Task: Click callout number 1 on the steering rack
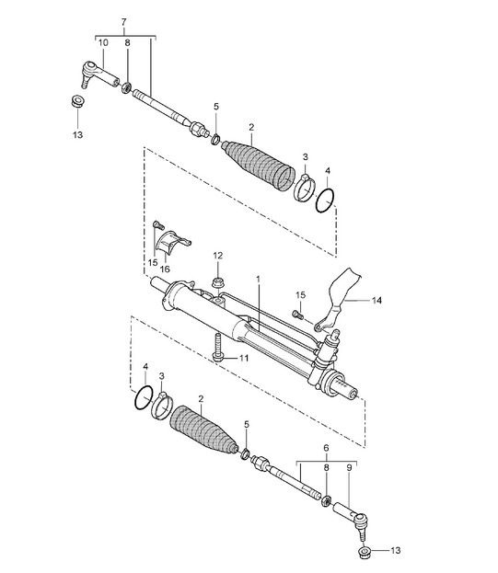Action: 258,280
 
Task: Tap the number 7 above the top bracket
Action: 123,22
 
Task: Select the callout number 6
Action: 326,448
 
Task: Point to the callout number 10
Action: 103,42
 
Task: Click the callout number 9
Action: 349,467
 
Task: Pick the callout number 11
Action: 244,358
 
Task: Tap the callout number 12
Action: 218,256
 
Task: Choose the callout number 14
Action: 376,301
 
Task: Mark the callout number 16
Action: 165,269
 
